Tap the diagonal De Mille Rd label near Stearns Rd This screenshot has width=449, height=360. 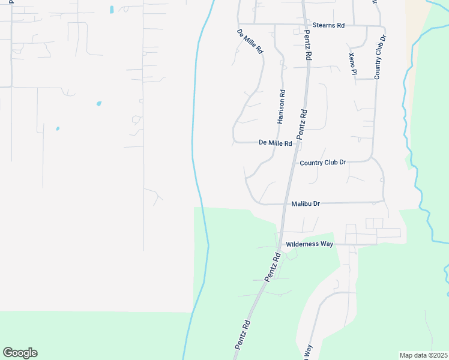pyautogui.click(x=250, y=41)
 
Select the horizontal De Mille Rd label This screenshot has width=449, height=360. pyautogui.click(x=275, y=143)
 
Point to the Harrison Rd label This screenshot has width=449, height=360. pyautogui.click(x=282, y=107)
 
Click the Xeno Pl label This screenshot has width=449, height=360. pyautogui.click(x=352, y=64)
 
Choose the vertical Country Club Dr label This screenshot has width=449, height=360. pyautogui.click(x=380, y=56)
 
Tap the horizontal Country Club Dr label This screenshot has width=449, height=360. pyautogui.click(x=323, y=163)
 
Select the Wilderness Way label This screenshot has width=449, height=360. pyautogui.click(x=309, y=244)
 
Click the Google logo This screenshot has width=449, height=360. pyautogui.click(x=20, y=353)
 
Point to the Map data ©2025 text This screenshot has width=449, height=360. pyautogui.click(x=423, y=355)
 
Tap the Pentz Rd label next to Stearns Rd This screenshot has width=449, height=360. pyautogui.click(x=308, y=46)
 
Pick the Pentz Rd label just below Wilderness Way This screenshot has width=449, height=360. pyautogui.click(x=273, y=267)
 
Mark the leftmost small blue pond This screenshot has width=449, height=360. pyautogui.click(x=58, y=128)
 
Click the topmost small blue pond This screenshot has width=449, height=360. pyautogui.click(x=112, y=10)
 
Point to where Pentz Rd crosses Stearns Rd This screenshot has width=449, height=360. pyautogui.click(x=304, y=25)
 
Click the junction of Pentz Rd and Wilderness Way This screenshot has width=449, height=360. pyautogui.click(x=279, y=244)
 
